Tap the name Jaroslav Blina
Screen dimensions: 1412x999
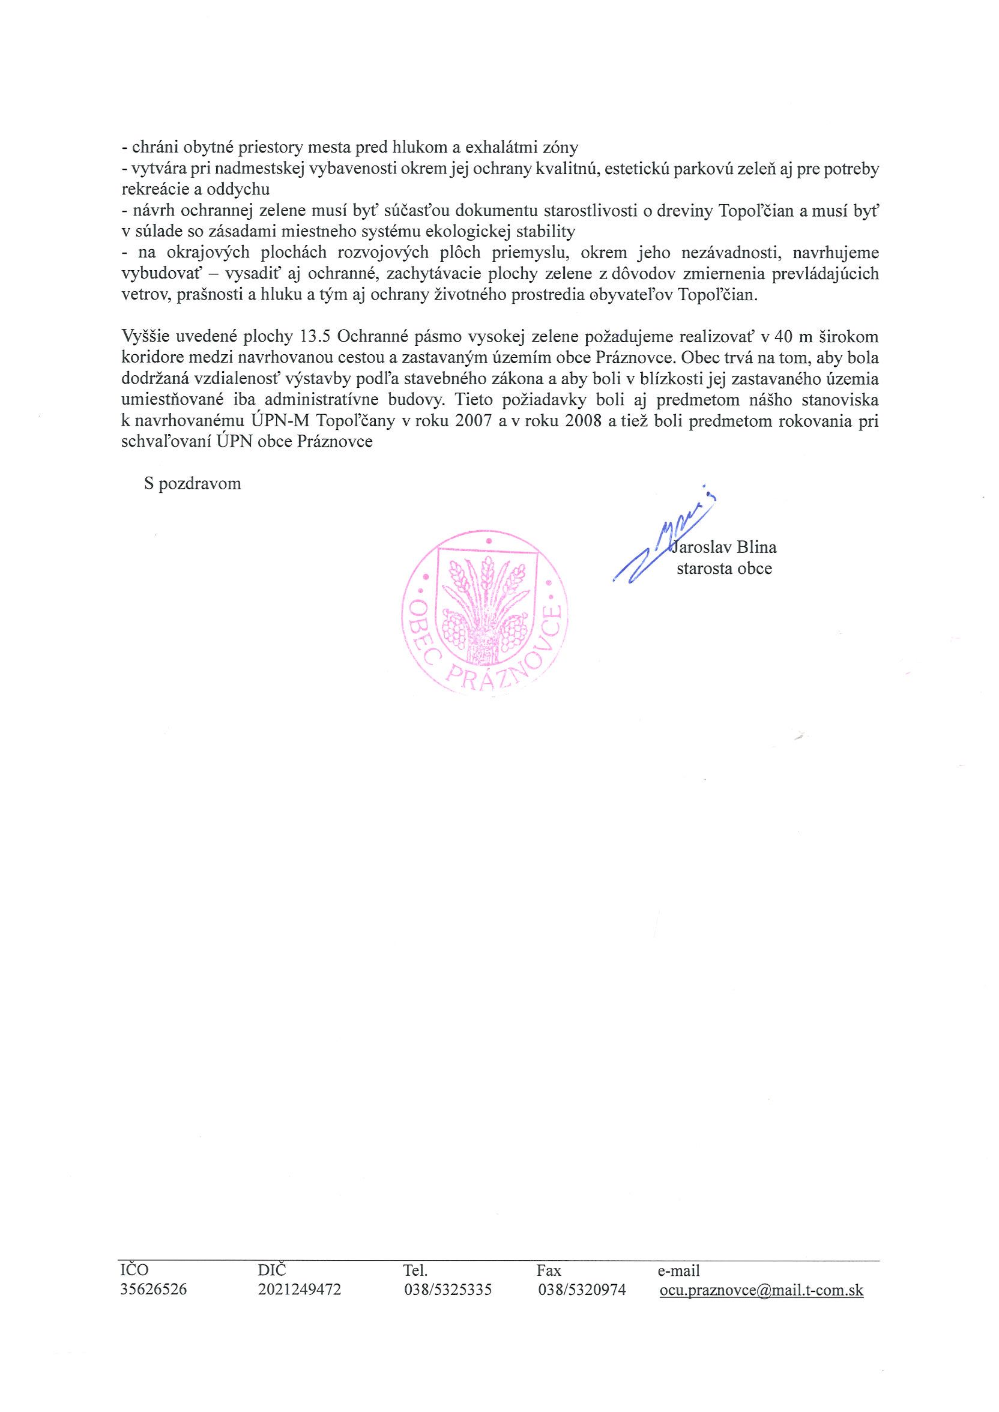pyautogui.click(x=725, y=547)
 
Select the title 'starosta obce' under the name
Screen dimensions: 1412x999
pyautogui.click(x=724, y=569)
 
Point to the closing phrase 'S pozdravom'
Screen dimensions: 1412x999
pyautogui.click(x=193, y=483)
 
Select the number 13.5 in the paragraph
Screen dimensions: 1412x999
pyautogui.click(x=315, y=337)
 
